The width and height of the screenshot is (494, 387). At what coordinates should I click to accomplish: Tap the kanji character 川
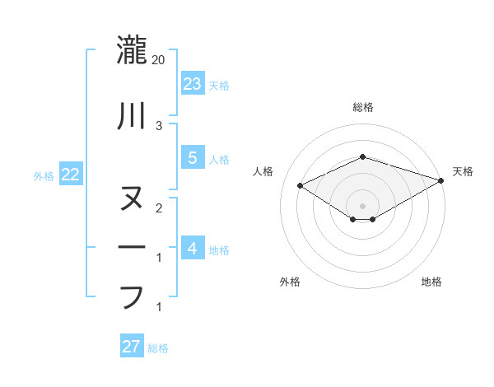[x=132, y=116]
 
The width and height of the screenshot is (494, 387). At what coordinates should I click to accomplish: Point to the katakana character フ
[x=132, y=296]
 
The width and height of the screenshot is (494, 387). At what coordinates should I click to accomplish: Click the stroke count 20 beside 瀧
[x=159, y=60]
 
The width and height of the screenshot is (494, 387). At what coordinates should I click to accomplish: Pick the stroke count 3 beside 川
[x=159, y=125]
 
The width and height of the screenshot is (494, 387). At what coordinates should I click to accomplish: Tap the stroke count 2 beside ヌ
[x=159, y=207]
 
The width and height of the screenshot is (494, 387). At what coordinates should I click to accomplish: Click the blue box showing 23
[x=192, y=83]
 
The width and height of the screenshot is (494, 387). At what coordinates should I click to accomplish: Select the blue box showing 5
[x=192, y=158]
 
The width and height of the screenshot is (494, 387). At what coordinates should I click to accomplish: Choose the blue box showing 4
[x=192, y=248]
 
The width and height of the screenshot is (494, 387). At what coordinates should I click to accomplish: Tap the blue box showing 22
[x=70, y=175]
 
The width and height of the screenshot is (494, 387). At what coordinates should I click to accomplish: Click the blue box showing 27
[x=131, y=347]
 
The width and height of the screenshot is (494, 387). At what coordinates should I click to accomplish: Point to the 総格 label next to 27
[x=158, y=348]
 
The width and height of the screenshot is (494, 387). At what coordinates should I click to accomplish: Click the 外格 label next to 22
[x=44, y=175]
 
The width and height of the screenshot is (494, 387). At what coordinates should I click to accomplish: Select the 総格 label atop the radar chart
[x=362, y=107]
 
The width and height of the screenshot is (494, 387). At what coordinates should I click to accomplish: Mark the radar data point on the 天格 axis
[x=441, y=181]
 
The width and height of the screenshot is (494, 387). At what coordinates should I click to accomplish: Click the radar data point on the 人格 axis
[x=301, y=185]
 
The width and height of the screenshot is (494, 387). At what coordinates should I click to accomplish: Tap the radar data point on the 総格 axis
[x=362, y=156]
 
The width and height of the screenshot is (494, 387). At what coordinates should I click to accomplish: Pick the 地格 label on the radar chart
[x=431, y=282]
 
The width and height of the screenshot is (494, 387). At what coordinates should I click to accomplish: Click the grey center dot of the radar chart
[x=362, y=205]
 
